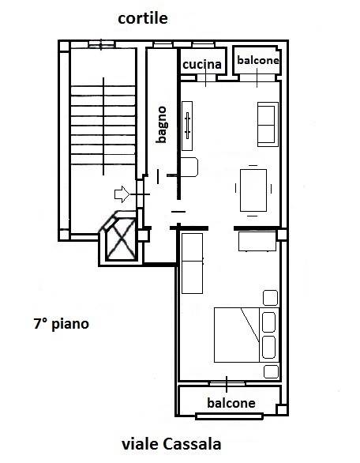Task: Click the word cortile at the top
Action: click(x=143, y=19)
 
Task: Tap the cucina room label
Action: click(x=202, y=64)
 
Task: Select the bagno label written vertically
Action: click(x=162, y=125)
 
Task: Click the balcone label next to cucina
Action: click(x=258, y=60)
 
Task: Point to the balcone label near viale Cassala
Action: click(x=231, y=403)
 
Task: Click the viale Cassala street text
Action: click(x=171, y=444)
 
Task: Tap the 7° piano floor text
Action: click(x=62, y=324)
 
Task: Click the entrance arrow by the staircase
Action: click(x=122, y=194)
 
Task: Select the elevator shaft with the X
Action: click(x=121, y=238)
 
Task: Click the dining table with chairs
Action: click(x=253, y=190)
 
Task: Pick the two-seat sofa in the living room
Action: click(x=268, y=124)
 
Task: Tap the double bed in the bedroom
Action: click(x=246, y=335)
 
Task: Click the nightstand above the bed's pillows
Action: click(x=270, y=298)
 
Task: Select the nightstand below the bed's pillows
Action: click(x=271, y=372)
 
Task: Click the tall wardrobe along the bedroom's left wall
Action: click(x=192, y=263)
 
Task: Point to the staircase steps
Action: click(x=103, y=126)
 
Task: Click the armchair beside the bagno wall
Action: click(x=189, y=168)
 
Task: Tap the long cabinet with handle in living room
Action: click(x=187, y=126)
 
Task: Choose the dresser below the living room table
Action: click(x=257, y=242)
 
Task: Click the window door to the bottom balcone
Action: click(x=227, y=383)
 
